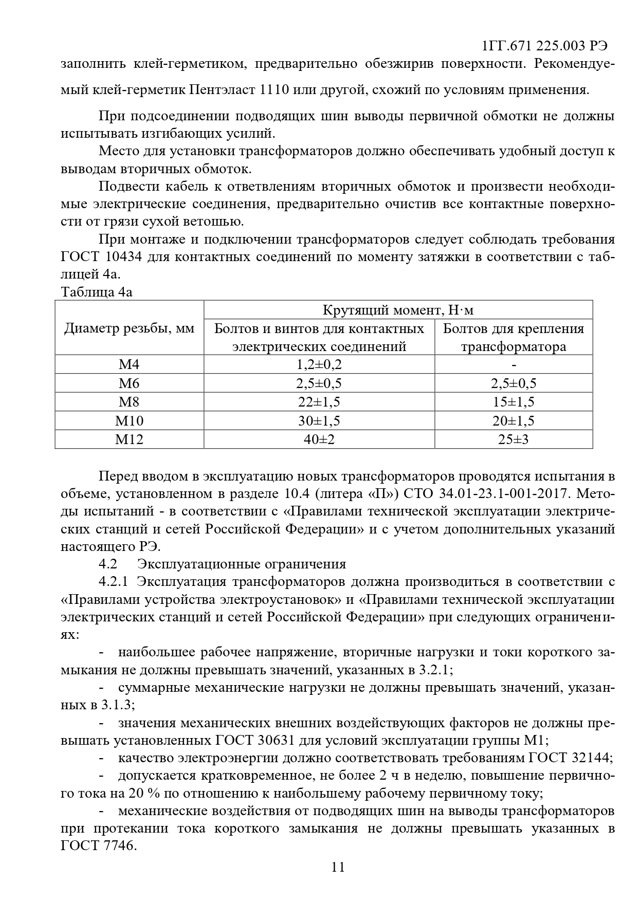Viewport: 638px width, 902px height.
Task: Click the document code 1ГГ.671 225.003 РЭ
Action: click(545, 46)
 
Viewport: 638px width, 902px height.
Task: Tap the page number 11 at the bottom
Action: click(338, 867)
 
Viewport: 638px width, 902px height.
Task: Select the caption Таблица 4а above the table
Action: click(97, 292)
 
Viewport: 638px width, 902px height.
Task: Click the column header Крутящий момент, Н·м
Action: click(398, 310)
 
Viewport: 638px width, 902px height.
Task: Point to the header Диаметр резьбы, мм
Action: click(130, 328)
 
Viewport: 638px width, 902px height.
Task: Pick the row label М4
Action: click(129, 364)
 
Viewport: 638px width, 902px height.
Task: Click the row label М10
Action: click(129, 421)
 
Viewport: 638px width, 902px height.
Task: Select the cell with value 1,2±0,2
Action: click(319, 364)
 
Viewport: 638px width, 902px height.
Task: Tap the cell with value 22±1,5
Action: click(319, 402)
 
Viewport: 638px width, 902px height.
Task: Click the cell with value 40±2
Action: click(319, 439)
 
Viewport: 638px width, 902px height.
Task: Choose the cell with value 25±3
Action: click(514, 439)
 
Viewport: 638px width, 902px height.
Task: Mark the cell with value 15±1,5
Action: click(514, 402)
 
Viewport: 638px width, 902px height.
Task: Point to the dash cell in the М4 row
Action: click(514, 364)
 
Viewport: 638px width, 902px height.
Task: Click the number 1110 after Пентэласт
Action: click(278, 90)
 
